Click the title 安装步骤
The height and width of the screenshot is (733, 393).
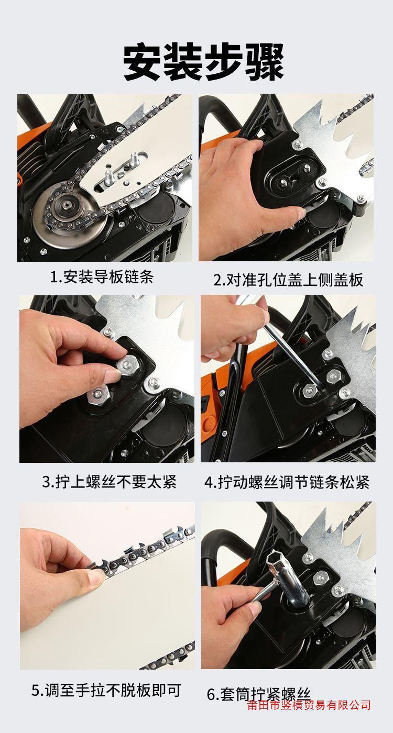point(203,63)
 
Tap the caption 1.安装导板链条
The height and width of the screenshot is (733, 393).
point(102,277)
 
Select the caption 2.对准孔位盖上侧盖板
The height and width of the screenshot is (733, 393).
point(288,280)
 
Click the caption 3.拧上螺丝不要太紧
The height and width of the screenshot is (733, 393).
point(110,482)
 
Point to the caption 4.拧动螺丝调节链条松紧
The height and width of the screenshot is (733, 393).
point(287,482)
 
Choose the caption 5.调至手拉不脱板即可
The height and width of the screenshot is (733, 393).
point(106,681)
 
